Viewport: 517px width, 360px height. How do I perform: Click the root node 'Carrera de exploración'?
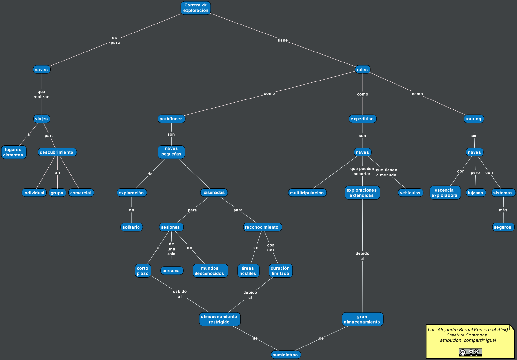coord(196,8)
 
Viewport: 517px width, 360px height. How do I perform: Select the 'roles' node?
coord(362,70)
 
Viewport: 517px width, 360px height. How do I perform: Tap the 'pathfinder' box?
coord(171,119)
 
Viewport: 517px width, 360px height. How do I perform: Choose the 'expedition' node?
coord(362,119)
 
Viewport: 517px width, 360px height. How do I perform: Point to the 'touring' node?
coord(474,119)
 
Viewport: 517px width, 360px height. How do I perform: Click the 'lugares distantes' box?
coord(14,152)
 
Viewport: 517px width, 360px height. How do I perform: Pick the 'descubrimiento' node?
coord(57,152)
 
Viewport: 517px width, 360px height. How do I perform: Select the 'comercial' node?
coord(81,193)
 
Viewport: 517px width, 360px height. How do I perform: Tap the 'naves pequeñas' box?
coord(171,152)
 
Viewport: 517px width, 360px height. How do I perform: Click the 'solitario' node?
coord(131,227)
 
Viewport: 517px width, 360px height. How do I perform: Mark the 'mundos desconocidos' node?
coord(210,271)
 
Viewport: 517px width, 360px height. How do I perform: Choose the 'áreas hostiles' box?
coord(248,271)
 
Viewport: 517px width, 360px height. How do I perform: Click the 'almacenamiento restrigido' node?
coord(219,319)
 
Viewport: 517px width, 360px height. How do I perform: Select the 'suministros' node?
coord(285,355)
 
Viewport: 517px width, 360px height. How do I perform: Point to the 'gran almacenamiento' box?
coord(362,319)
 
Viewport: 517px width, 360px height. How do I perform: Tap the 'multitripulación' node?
coord(307,193)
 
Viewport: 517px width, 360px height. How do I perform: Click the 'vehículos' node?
coord(410,193)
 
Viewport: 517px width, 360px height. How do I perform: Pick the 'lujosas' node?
coord(476,193)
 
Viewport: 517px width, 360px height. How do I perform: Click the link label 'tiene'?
coord(283,40)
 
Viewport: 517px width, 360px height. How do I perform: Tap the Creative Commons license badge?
coord(470,352)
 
